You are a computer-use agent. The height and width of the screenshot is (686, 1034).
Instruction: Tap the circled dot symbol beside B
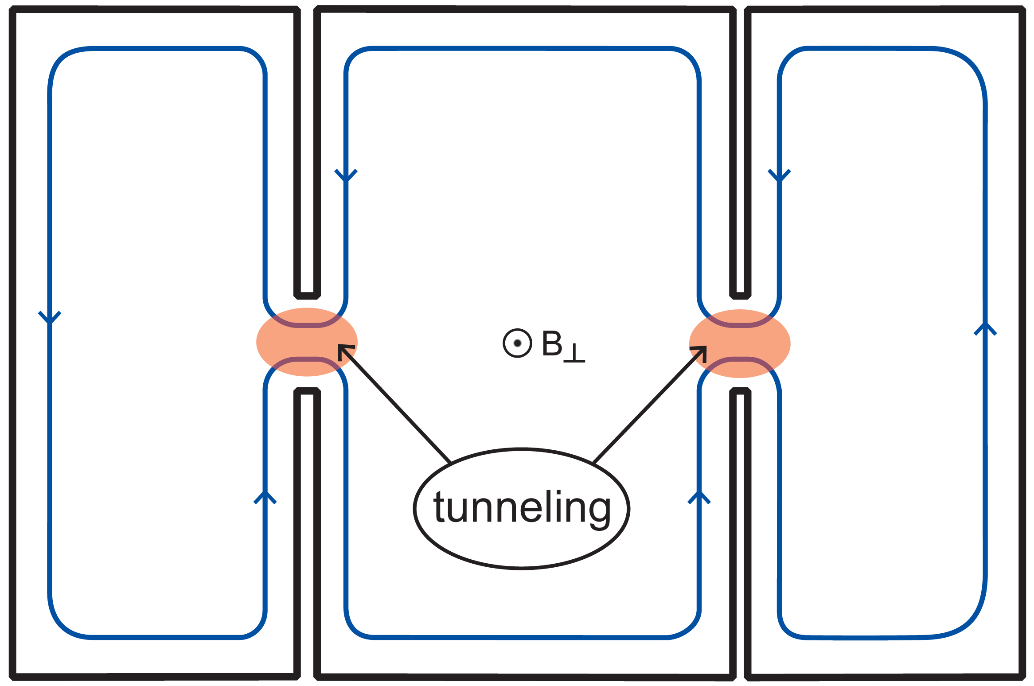click(x=517, y=343)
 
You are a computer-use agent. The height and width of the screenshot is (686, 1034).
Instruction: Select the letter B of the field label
click(x=552, y=343)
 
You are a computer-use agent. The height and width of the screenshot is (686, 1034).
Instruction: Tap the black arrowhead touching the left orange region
click(x=343, y=350)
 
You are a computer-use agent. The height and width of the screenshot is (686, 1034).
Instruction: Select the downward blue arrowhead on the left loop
click(x=50, y=317)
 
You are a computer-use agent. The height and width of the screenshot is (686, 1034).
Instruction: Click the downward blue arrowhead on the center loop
click(x=346, y=175)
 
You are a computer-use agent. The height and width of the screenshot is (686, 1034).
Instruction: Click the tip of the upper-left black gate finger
click(x=307, y=295)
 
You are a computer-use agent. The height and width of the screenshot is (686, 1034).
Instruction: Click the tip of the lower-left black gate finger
click(x=307, y=391)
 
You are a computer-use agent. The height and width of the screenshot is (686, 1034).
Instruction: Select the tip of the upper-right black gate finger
click(x=740, y=295)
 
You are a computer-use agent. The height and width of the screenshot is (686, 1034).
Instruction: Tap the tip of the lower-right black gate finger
click(x=740, y=391)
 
